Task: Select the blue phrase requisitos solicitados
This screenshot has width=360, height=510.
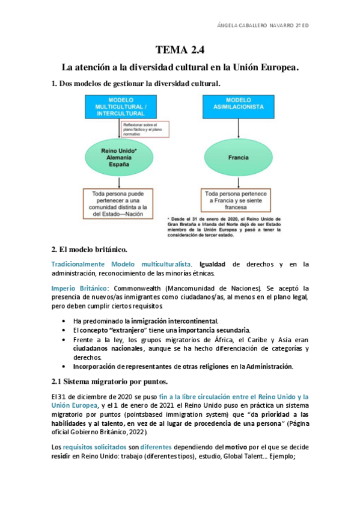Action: point(88,447)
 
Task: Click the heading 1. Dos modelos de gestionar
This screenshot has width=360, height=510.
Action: point(136,84)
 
